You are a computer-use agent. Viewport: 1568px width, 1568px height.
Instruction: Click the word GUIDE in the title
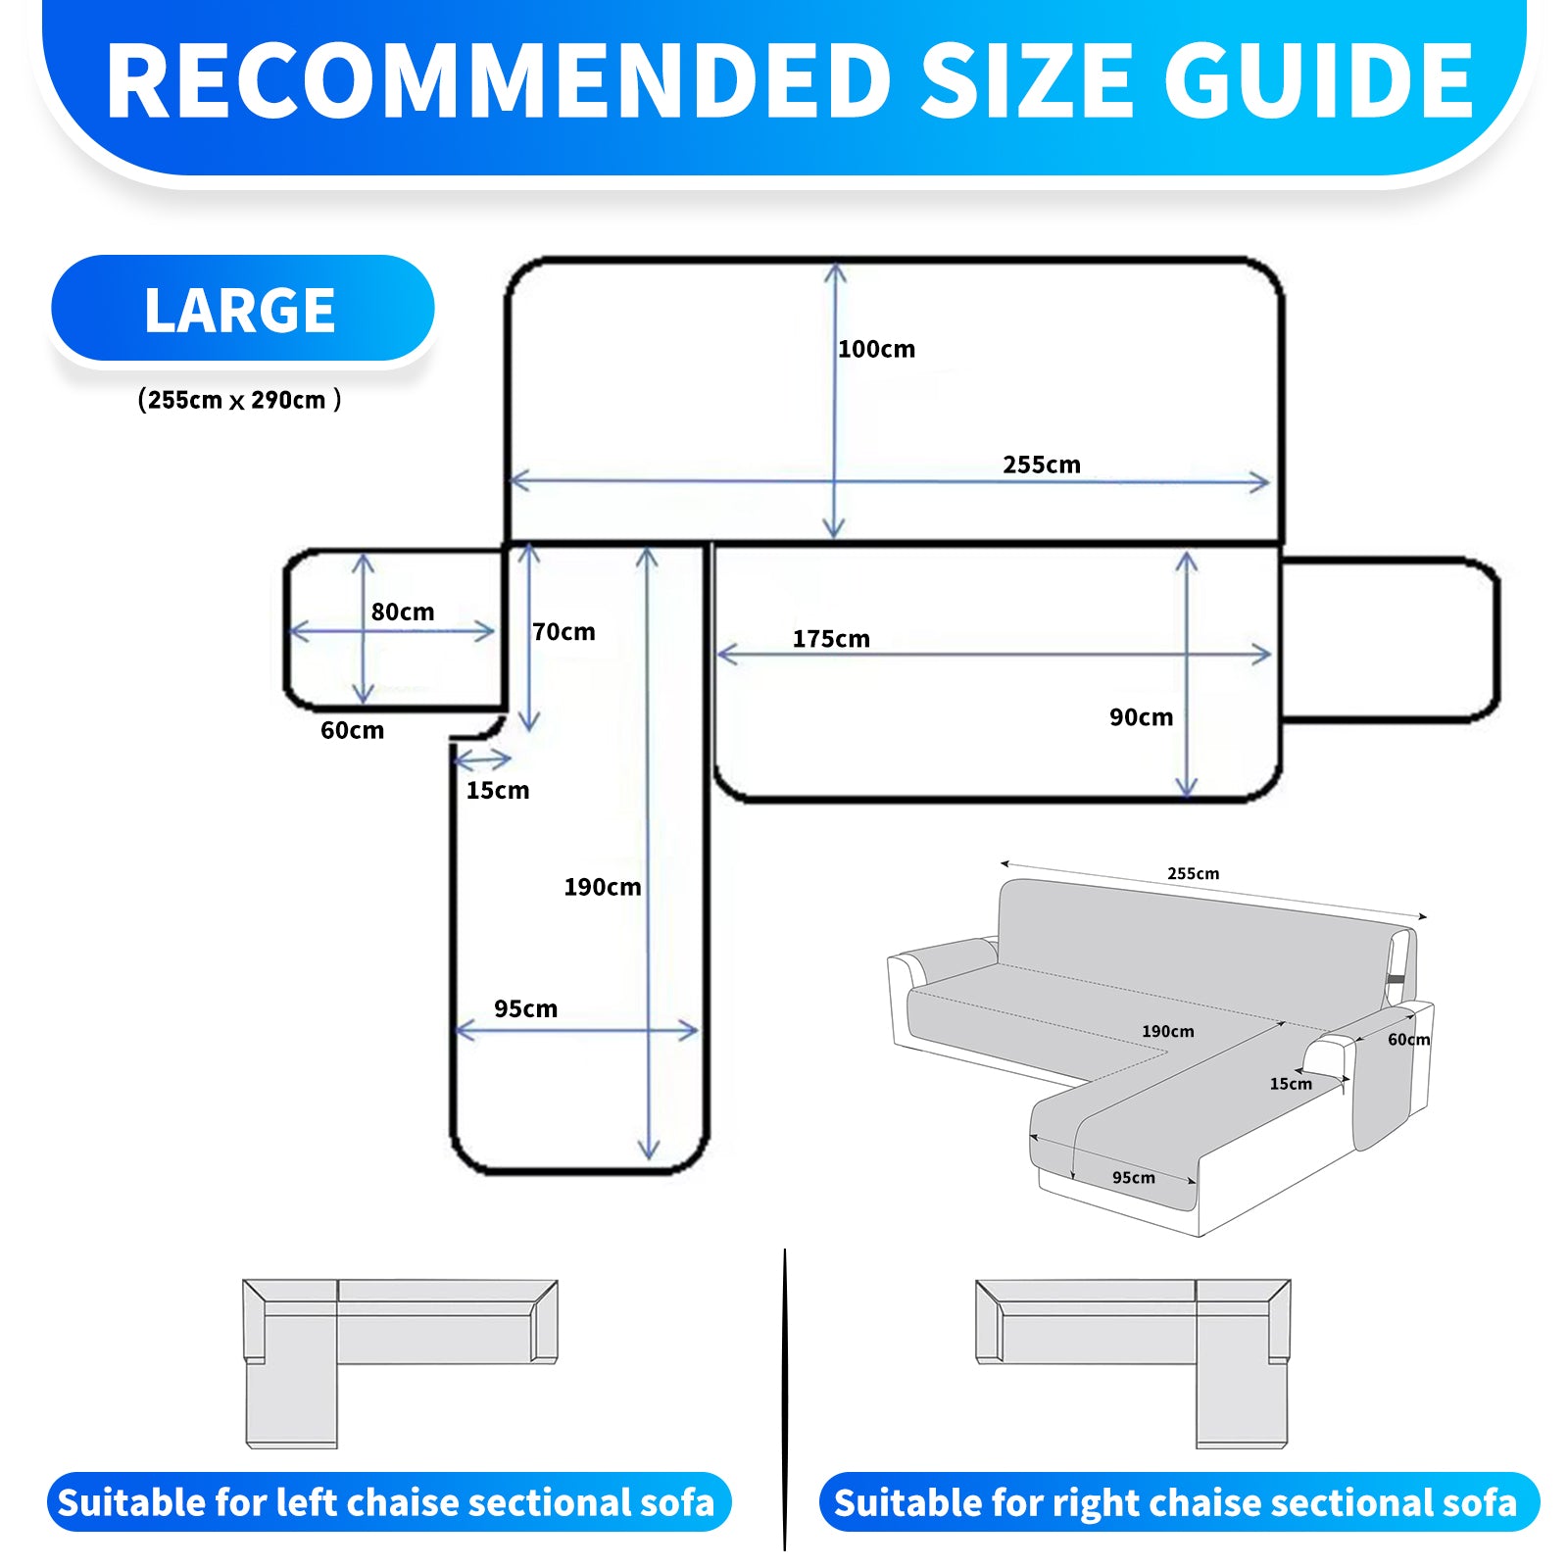click(1318, 82)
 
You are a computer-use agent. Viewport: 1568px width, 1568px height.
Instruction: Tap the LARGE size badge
click(241, 311)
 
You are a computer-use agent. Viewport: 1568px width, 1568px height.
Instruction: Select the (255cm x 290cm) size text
click(239, 400)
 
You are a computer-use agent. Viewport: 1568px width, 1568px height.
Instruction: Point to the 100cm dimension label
click(876, 350)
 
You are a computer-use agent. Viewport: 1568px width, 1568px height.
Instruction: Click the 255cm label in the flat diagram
click(1041, 465)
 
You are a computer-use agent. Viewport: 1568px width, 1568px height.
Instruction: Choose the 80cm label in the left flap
click(402, 612)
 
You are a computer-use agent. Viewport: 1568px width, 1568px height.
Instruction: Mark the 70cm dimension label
click(563, 632)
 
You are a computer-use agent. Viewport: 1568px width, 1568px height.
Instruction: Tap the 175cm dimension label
click(831, 639)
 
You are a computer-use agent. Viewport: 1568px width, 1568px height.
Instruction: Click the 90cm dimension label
click(1141, 717)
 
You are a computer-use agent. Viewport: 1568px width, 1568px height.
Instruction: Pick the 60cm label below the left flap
click(352, 730)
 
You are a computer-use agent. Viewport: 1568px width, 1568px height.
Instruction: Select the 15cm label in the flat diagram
click(497, 791)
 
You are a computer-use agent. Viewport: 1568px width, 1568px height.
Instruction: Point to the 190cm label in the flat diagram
click(602, 888)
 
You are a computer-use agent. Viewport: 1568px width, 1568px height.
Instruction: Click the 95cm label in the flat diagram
click(525, 1009)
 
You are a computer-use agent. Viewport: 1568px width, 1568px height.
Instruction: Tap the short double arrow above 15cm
click(483, 759)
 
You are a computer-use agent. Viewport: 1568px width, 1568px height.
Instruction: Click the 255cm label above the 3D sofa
click(1193, 873)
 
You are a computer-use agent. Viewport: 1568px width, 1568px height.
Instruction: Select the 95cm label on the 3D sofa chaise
click(1133, 1178)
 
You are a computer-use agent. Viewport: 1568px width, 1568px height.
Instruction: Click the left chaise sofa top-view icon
click(399, 1362)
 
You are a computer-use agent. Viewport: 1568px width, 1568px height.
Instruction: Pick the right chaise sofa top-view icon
click(1133, 1362)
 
